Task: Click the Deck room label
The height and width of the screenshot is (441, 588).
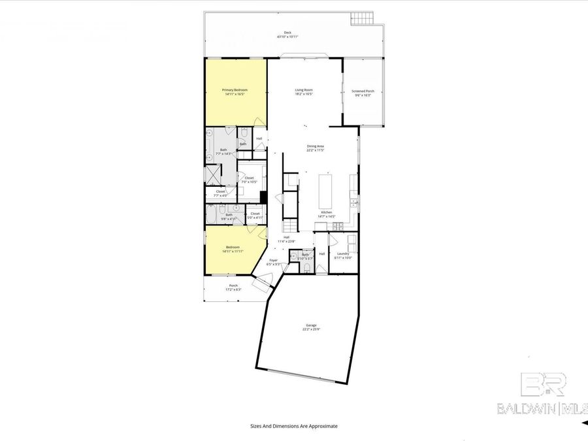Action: click(x=287, y=34)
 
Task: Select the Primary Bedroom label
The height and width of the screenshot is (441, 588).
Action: click(x=235, y=91)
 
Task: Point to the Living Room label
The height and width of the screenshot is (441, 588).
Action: click(x=304, y=91)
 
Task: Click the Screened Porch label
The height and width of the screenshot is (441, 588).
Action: click(x=363, y=93)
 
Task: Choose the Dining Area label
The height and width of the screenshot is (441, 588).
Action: click(x=316, y=148)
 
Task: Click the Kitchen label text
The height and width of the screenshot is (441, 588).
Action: click(x=327, y=212)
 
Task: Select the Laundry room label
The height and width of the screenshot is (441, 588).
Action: click(x=343, y=255)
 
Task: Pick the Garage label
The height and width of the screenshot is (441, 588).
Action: click(x=311, y=327)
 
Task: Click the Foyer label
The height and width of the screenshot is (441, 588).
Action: click(x=274, y=261)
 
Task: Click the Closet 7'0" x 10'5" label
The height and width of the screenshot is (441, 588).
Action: click(x=249, y=179)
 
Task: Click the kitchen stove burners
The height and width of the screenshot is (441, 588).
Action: click(x=338, y=226)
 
